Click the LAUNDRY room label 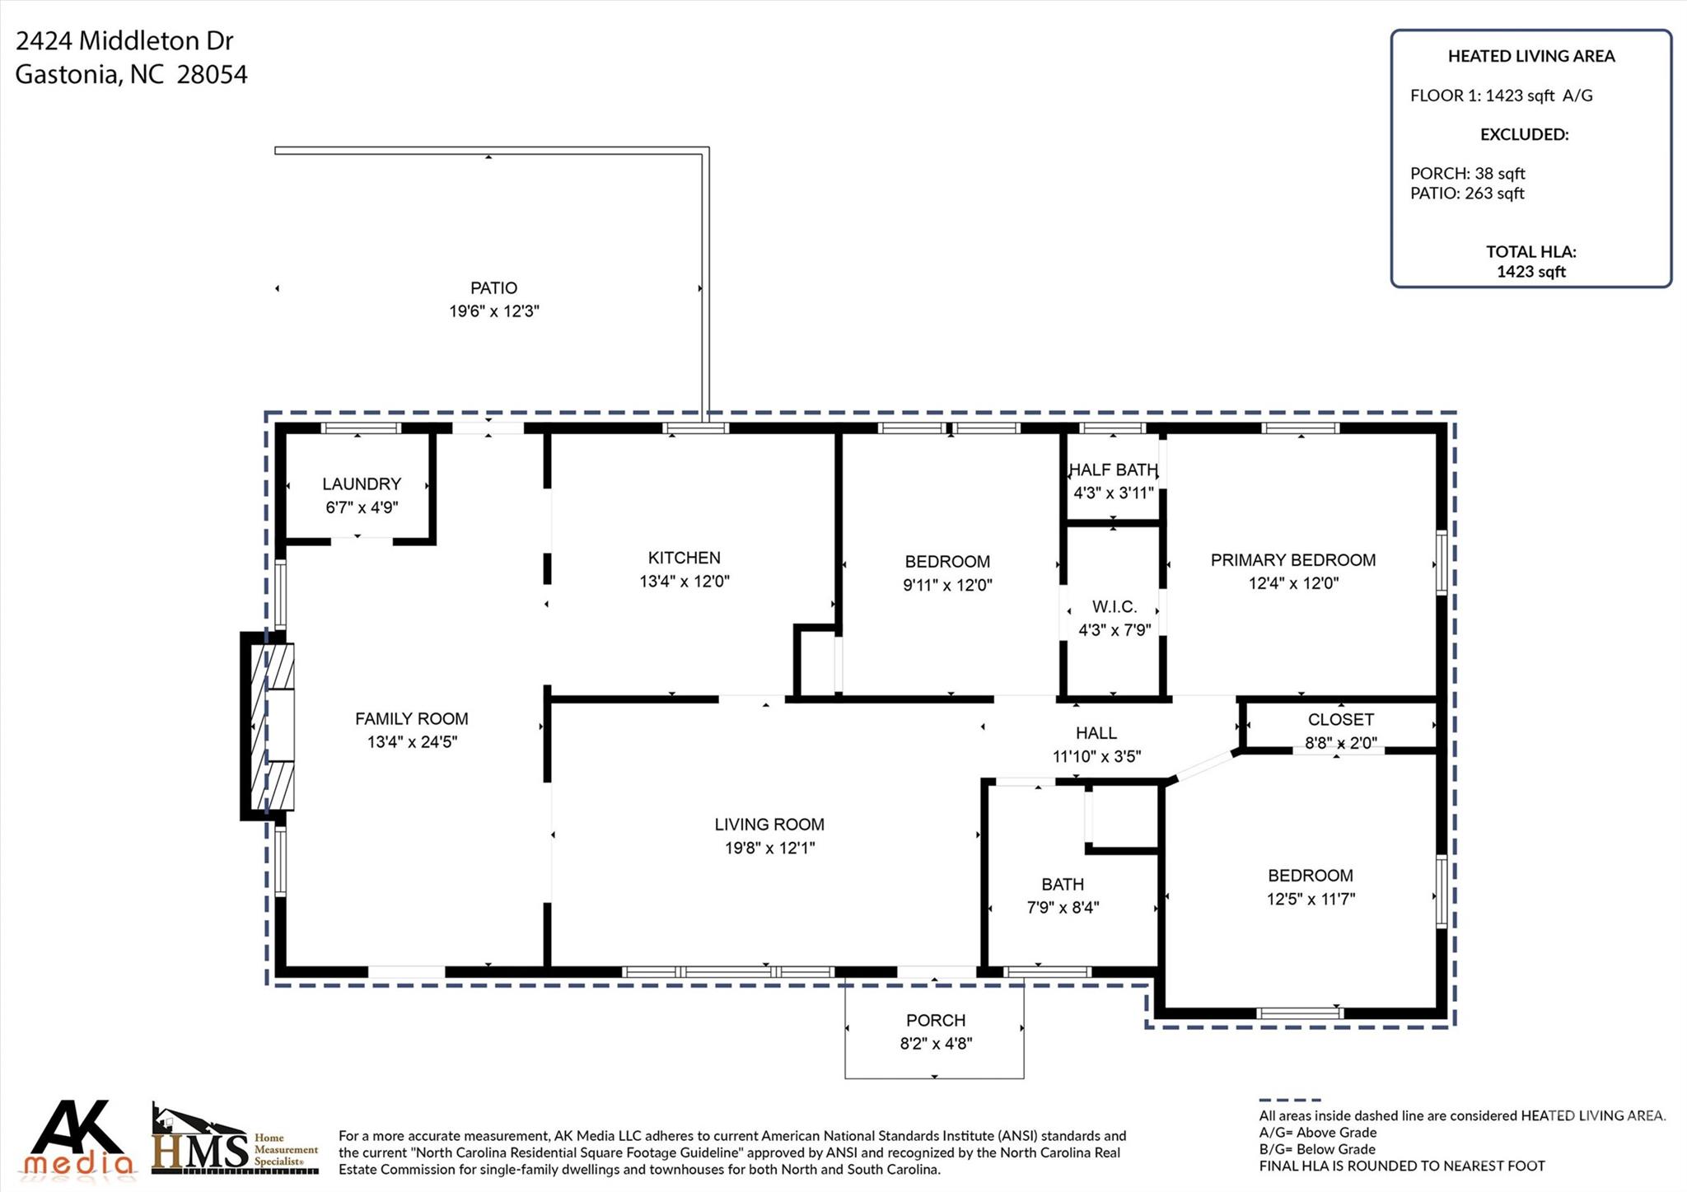pyautogui.click(x=362, y=484)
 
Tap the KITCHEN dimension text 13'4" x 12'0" pyautogui.click(x=684, y=582)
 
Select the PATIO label pyautogui.click(x=493, y=288)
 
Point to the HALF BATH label pyautogui.click(x=1113, y=470)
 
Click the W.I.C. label pyautogui.click(x=1114, y=607)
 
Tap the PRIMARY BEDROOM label pyautogui.click(x=1292, y=560)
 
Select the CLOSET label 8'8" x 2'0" pyautogui.click(x=1340, y=731)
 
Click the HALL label pyautogui.click(x=1096, y=733)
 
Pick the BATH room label pyautogui.click(x=1062, y=885)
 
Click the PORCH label pyautogui.click(x=936, y=1021)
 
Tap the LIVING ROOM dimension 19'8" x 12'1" pyautogui.click(x=769, y=848)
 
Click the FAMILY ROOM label pyautogui.click(x=411, y=719)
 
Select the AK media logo pyautogui.click(x=79, y=1138)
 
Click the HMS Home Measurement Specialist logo pyautogui.click(x=235, y=1140)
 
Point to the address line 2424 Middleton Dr pyautogui.click(x=124, y=41)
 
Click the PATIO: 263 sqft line pyautogui.click(x=1466, y=194)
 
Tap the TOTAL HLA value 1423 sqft pyautogui.click(x=1530, y=272)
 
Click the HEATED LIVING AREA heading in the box pyautogui.click(x=1530, y=56)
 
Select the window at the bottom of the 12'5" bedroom pyautogui.click(x=1301, y=1013)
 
